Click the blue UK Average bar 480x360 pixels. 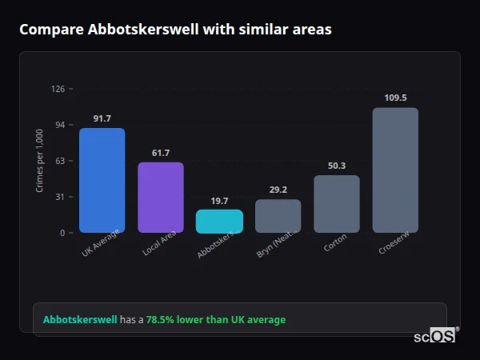pyautogui.click(x=102, y=180)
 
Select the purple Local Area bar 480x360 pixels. pyautogui.click(x=160, y=198)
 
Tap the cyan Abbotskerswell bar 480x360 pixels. pyautogui.click(x=219, y=222)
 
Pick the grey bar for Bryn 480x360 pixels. pyautogui.click(x=278, y=216)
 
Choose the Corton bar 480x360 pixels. pyautogui.click(x=336, y=204)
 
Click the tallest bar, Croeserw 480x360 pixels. pyautogui.click(x=395, y=170)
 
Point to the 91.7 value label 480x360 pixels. pyautogui.click(x=102, y=118)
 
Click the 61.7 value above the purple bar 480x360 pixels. pyautogui.click(x=160, y=153)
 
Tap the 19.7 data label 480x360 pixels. pyautogui.click(x=219, y=201)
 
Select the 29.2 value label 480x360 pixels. pyautogui.click(x=278, y=190)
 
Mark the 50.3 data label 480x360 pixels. pyautogui.click(x=337, y=166)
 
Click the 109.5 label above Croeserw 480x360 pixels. pyautogui.click(x=395, y=98)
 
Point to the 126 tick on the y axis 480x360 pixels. pyautogui.click(x=58, y=89)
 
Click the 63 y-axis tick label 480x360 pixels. pyautogui.click(x=59, y=161)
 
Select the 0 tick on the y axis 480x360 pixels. pyautogui.click(x=62, y=233)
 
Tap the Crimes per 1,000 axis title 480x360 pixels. pyautogui.click(x=40, y=161)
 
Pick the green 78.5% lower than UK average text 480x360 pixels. pyautogui.click(x=215, y=319)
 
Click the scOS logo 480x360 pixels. pyautogui.click(x=434, y=337)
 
